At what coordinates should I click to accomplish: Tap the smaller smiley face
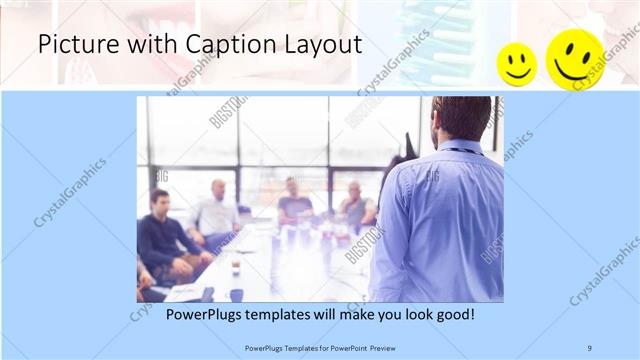517,64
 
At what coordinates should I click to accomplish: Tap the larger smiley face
574,59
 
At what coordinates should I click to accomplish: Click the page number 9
590,347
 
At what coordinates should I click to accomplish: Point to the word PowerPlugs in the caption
200,315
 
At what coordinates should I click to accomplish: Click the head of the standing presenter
461,119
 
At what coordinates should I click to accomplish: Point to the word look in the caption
412,315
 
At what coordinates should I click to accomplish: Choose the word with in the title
133,45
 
